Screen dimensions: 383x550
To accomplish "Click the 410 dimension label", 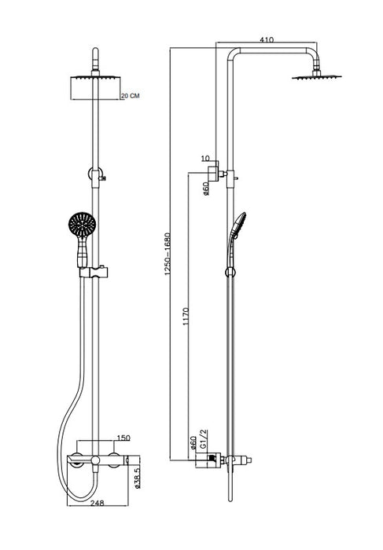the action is click(267, 39).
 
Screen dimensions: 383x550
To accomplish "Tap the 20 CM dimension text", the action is click(130, 95).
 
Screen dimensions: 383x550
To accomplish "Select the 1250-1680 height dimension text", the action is click(168, 254).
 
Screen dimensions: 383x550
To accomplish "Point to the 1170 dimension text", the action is click(186, 317).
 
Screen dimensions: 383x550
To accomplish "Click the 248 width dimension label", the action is click(98, 503).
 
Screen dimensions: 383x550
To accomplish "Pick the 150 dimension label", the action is click(123, 438).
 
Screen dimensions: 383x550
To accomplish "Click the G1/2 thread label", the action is click(203, 438).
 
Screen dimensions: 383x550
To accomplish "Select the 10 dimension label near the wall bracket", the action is click(205, 159).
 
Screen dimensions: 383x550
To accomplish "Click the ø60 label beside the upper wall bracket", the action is click(206, 189).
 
